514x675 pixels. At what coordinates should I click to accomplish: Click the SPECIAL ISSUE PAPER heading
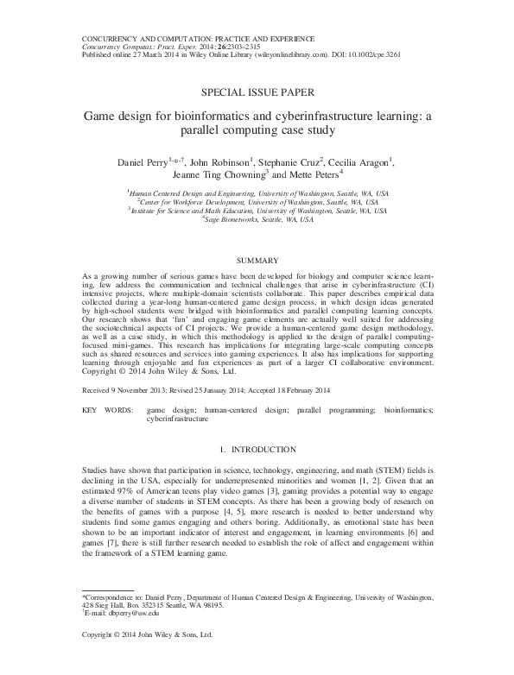pos(257,90)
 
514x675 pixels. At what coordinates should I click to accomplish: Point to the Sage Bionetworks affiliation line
pos(257,218)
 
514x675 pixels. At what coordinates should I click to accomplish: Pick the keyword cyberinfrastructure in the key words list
pos(177,418)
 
